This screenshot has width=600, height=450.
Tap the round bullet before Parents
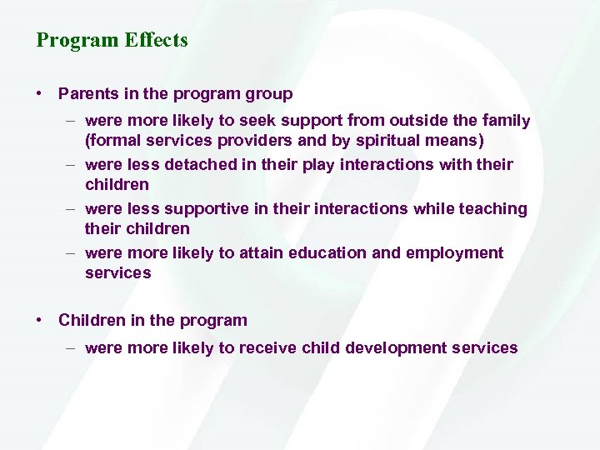[40, 94]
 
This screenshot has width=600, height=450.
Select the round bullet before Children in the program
[40, 320]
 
